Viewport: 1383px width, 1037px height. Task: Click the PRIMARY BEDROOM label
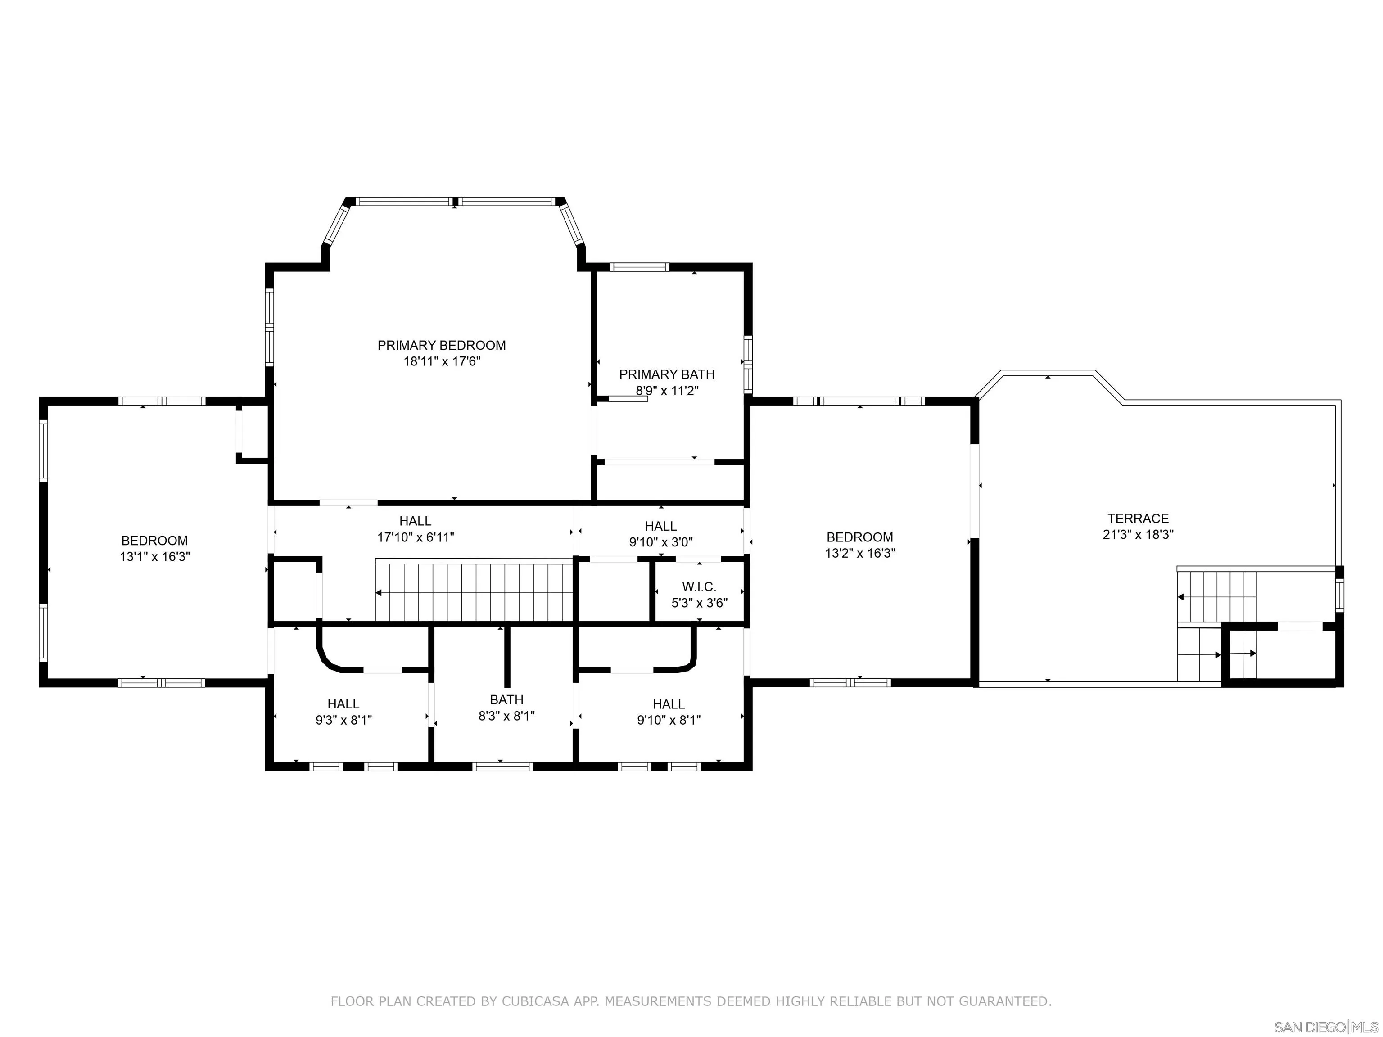[x=441, y=345]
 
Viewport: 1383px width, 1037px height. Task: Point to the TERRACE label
[x=1138, y=518]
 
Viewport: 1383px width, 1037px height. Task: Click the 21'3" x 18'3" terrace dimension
[x=1138, y=534]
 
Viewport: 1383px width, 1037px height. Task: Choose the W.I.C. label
[x=699, y=587]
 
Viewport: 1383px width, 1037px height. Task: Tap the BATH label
[x=506, y=699]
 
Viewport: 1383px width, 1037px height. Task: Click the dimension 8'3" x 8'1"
[x=506, y=716]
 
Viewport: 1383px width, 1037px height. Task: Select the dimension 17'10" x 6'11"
[x=416, y=537]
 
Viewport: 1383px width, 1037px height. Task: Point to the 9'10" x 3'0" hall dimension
[x=661, y=542]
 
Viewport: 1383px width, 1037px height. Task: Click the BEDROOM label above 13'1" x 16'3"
[x=154, y=541]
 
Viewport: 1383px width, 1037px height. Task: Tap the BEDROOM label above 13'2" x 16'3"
[x=860, y=537]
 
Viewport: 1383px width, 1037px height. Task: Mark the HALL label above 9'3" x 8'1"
[x=343, y=704]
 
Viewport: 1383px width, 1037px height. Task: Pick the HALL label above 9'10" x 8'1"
[x=669, y=704]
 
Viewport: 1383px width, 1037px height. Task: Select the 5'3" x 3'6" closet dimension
[x=700, y=603]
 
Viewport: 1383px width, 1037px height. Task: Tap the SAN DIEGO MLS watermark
[x=1325, y=1027]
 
